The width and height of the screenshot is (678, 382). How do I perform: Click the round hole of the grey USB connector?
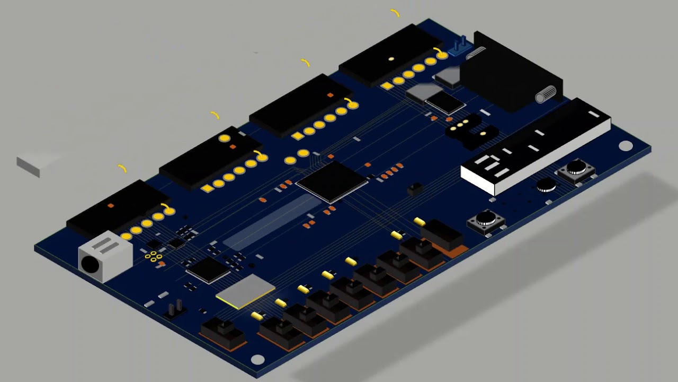pos(91,263)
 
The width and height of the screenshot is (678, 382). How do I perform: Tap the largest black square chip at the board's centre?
pos(332,181)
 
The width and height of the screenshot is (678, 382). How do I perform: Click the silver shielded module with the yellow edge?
pos(245,291)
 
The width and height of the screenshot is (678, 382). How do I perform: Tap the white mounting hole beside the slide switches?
pos(257,359)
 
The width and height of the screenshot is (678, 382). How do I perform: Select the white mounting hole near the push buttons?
pos(626,145)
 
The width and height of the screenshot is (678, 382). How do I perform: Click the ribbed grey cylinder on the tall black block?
pos(547,94)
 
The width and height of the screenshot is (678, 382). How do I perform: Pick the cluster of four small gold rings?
pos(153,257)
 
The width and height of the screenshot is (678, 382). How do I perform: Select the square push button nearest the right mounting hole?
pos(576,170)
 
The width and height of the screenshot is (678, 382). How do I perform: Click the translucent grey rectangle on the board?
pos(272,222)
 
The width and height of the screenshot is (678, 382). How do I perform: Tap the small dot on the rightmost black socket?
pos(391,59)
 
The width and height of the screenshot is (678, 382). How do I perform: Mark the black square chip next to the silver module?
pos(208,269)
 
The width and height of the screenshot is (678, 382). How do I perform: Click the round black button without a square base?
pos(546,185)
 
